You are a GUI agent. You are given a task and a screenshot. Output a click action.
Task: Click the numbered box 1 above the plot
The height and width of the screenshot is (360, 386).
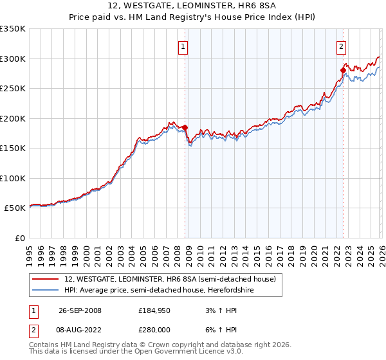click(x=183, y=46)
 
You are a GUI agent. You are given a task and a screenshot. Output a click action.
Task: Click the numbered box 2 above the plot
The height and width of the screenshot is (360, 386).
click(x=340, y=46)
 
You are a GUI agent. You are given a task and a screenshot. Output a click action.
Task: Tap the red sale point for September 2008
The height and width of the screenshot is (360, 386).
click(x=185, y=127)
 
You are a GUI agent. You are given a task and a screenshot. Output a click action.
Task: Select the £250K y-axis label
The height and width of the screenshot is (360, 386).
click(x=13, y=89)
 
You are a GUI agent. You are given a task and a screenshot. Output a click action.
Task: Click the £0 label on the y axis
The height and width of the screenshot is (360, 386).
click(x=19, y=238)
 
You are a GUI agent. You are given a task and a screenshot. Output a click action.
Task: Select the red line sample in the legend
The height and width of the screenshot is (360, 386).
click(x=46, y=279)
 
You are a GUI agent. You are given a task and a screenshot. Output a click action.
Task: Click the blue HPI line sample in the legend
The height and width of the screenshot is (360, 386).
click(x=46, y=290)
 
